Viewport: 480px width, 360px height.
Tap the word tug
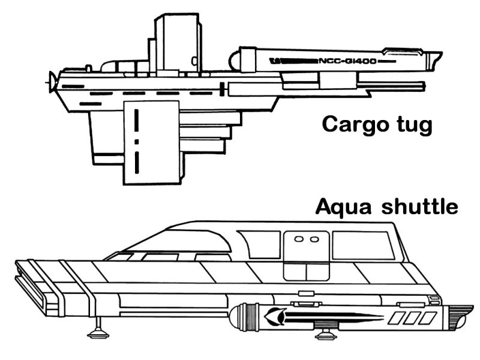412,126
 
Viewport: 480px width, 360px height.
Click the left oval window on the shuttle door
298,239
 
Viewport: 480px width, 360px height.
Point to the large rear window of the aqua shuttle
362,245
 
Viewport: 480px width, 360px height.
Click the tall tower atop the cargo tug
176,39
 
